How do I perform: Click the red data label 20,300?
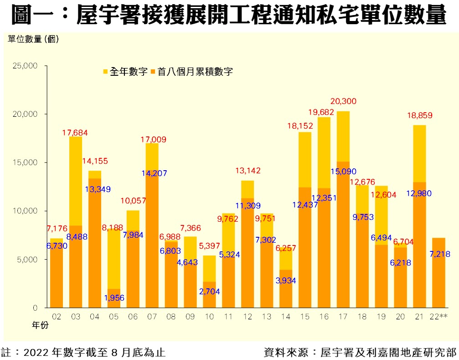click(344, 101)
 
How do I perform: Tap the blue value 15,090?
click(344, 172)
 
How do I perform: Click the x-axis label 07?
click(153, 317)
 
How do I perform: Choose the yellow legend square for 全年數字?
click(105, 72)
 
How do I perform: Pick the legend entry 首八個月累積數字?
click(195, 72)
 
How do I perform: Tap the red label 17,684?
click(75, 133)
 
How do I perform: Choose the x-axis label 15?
click(305, 317)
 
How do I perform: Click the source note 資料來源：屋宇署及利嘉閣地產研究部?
click(360, 352)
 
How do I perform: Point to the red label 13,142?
click(248, 171)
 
